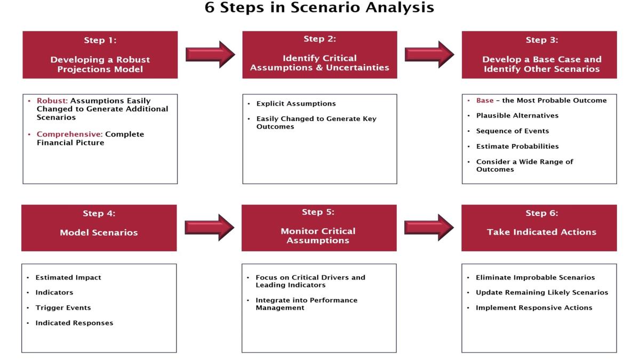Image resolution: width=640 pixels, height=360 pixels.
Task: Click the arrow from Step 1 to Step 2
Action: coord(210,54)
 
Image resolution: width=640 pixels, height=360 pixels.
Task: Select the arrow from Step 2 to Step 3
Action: coord(429,54)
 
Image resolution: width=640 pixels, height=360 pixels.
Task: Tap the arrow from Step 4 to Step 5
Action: coord(210,227)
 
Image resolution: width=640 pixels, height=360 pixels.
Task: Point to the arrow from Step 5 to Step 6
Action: coord(429,227)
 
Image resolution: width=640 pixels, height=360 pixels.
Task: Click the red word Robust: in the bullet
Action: coord(52,101)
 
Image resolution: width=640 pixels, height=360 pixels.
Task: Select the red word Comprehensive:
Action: coord(69,134)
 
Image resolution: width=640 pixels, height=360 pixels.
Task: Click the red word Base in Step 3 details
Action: coord(485,100)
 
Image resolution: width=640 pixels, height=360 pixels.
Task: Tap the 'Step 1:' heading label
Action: coord(100,41)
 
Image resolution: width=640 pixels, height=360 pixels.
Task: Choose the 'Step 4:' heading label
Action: coord(99,213)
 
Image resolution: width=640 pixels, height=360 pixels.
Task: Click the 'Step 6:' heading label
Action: coord(542,213)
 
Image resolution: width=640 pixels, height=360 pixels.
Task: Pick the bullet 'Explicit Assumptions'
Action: coord(296,103)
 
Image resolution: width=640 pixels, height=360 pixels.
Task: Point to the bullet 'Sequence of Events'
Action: coord(513,131)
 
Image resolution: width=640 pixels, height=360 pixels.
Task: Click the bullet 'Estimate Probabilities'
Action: coord(517,146)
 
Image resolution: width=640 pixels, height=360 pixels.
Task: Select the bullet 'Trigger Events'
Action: coord(63,308)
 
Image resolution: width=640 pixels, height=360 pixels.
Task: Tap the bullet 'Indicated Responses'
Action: coord(74,323)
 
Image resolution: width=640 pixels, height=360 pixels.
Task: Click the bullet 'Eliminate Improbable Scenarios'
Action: coord(535,277)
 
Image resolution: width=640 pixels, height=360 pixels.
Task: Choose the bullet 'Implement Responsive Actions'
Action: coord(534,308)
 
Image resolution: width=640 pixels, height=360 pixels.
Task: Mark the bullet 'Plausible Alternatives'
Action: coord(517,115)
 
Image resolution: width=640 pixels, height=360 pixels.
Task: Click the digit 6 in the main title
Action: coord(210,7)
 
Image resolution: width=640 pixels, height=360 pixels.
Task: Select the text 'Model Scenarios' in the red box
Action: coord(99,233)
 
